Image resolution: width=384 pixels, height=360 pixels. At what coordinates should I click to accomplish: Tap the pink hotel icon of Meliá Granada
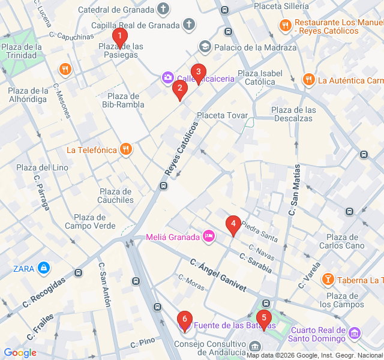point(209,236)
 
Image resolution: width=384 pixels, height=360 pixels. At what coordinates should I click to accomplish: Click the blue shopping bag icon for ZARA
point(43,268)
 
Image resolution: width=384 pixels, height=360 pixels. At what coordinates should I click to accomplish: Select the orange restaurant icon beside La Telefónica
point(125,149)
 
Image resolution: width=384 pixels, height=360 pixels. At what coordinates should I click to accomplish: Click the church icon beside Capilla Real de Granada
point(189,25)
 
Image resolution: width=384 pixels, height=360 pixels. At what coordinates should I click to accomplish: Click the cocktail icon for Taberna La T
point(328,280)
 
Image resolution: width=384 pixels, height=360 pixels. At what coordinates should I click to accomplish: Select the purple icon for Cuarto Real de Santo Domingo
point(355,332)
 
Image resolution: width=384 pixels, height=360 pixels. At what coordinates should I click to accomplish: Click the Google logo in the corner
point(20,353)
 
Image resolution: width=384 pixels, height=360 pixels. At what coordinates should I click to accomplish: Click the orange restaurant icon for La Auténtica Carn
point(308,80)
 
